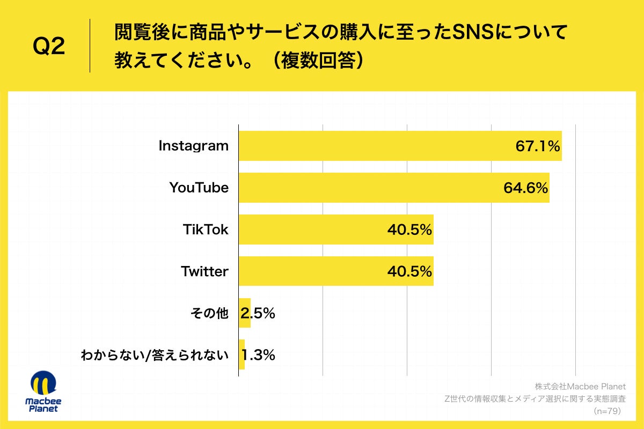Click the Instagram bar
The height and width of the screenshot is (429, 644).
pos(400,146)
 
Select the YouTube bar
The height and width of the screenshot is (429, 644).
pos(394,188)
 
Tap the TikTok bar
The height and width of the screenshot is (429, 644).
pos(336,230)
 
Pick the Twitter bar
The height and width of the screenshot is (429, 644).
pos(336,271)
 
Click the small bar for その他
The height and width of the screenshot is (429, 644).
pos(245,313)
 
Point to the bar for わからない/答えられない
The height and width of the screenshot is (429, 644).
pos(241,355)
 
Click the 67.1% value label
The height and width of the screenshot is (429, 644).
pos(538,146)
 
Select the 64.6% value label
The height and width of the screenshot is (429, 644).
pos(525,188)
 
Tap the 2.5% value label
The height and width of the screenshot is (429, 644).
pos(259,314)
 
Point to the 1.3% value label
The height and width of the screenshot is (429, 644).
pos(259,355)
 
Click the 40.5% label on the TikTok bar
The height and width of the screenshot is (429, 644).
pos(409,230)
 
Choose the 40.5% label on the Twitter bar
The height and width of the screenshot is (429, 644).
pos(409,271)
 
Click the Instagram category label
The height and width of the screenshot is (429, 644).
pos(194,146)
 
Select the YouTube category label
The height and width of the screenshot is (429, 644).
pos(199,188)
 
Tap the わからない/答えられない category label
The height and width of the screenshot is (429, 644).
pos(155,355)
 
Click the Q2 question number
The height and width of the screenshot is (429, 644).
pos(49,47)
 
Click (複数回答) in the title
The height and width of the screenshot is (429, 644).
pos(316,60)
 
